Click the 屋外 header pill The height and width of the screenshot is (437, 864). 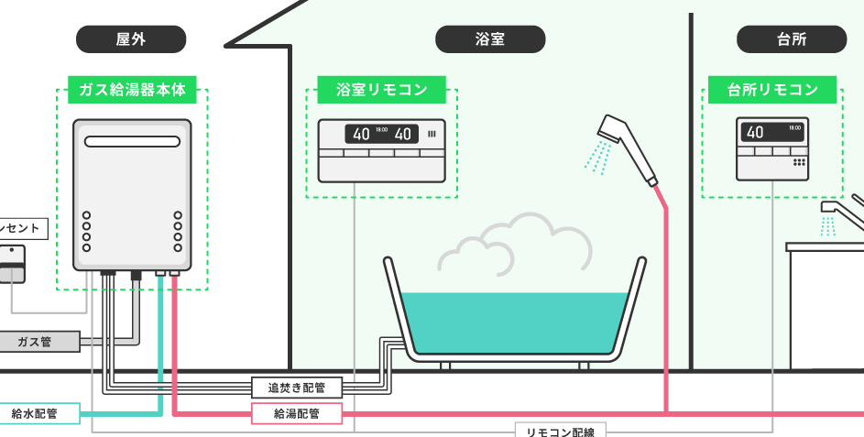pos(131,38)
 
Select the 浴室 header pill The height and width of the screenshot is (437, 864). pos(490,38)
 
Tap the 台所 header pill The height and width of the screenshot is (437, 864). pos(791,38)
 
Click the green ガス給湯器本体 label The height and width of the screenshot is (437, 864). pos(132,90)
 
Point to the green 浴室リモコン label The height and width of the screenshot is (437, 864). pos(381,90)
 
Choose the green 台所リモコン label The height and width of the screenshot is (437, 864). pos(772,90)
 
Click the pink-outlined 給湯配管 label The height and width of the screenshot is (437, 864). pos(297,414)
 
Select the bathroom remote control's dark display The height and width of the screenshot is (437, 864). pos(382,134)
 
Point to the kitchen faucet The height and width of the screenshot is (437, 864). pos(843,213)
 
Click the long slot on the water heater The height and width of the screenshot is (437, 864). pos(132,142)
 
